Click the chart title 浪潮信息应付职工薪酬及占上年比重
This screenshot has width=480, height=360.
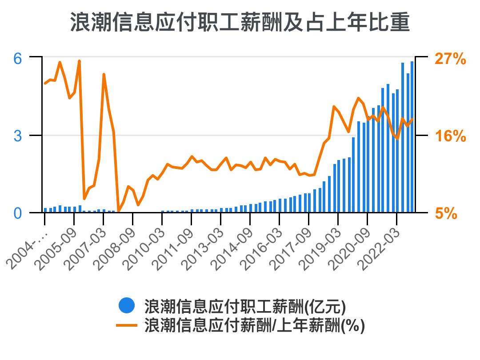coord(240,23)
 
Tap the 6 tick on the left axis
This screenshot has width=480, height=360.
coord(17,58)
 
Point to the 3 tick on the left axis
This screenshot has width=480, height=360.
coord(17,136)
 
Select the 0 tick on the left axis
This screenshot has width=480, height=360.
coord(17,213)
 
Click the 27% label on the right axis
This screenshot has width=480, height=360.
coord(450,58)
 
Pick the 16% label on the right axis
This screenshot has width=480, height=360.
coord(450,136)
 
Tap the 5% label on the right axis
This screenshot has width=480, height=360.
coord(446,213)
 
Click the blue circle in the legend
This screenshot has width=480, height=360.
coord(127,306)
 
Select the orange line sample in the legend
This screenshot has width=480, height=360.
coord(127,326)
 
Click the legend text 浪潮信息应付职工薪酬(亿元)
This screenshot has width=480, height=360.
coord(245,306)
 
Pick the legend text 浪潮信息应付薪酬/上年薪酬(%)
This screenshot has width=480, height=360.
coord(255,326)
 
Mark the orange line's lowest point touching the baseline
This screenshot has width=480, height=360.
coord(118,212)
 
